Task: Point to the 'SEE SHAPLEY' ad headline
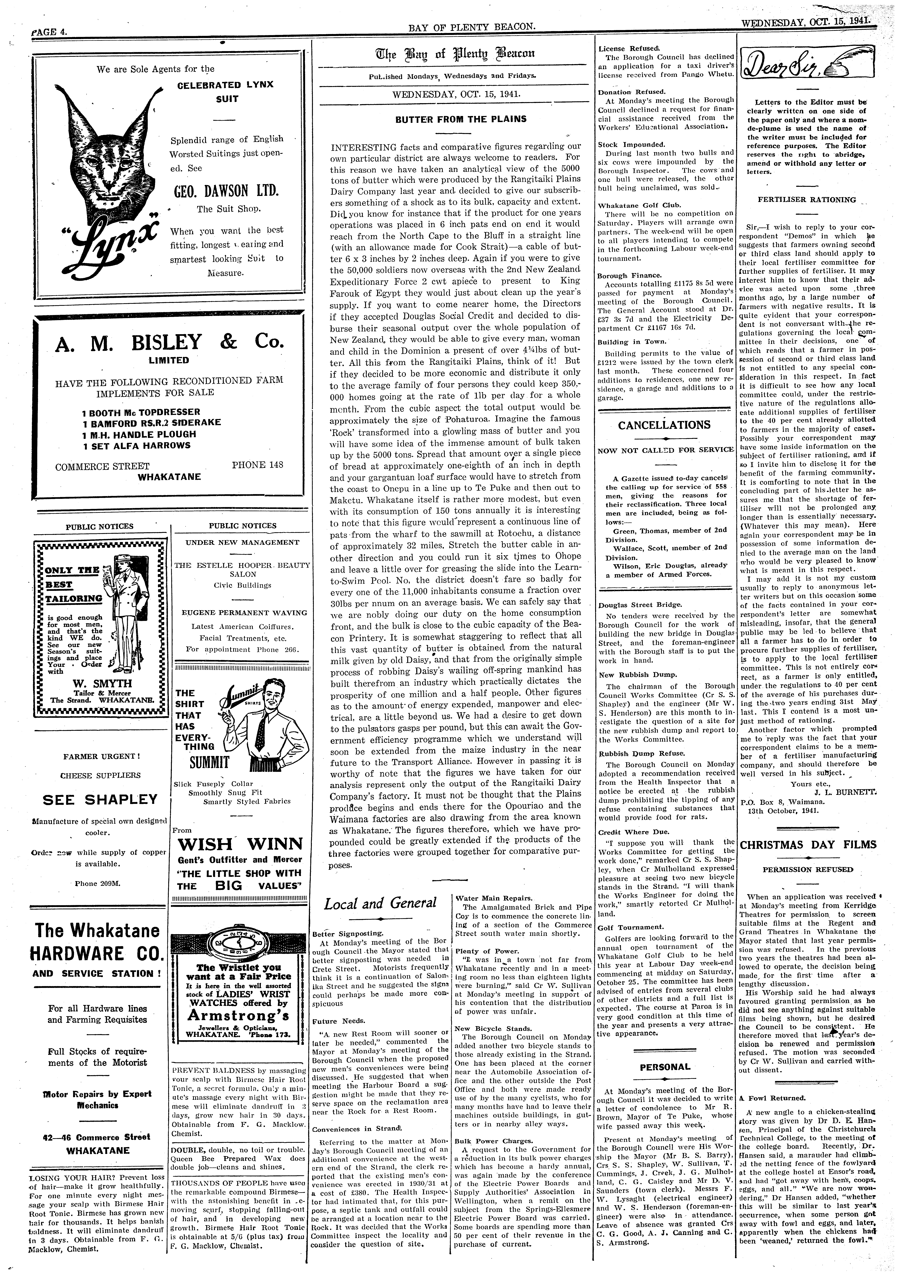(101, 799)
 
